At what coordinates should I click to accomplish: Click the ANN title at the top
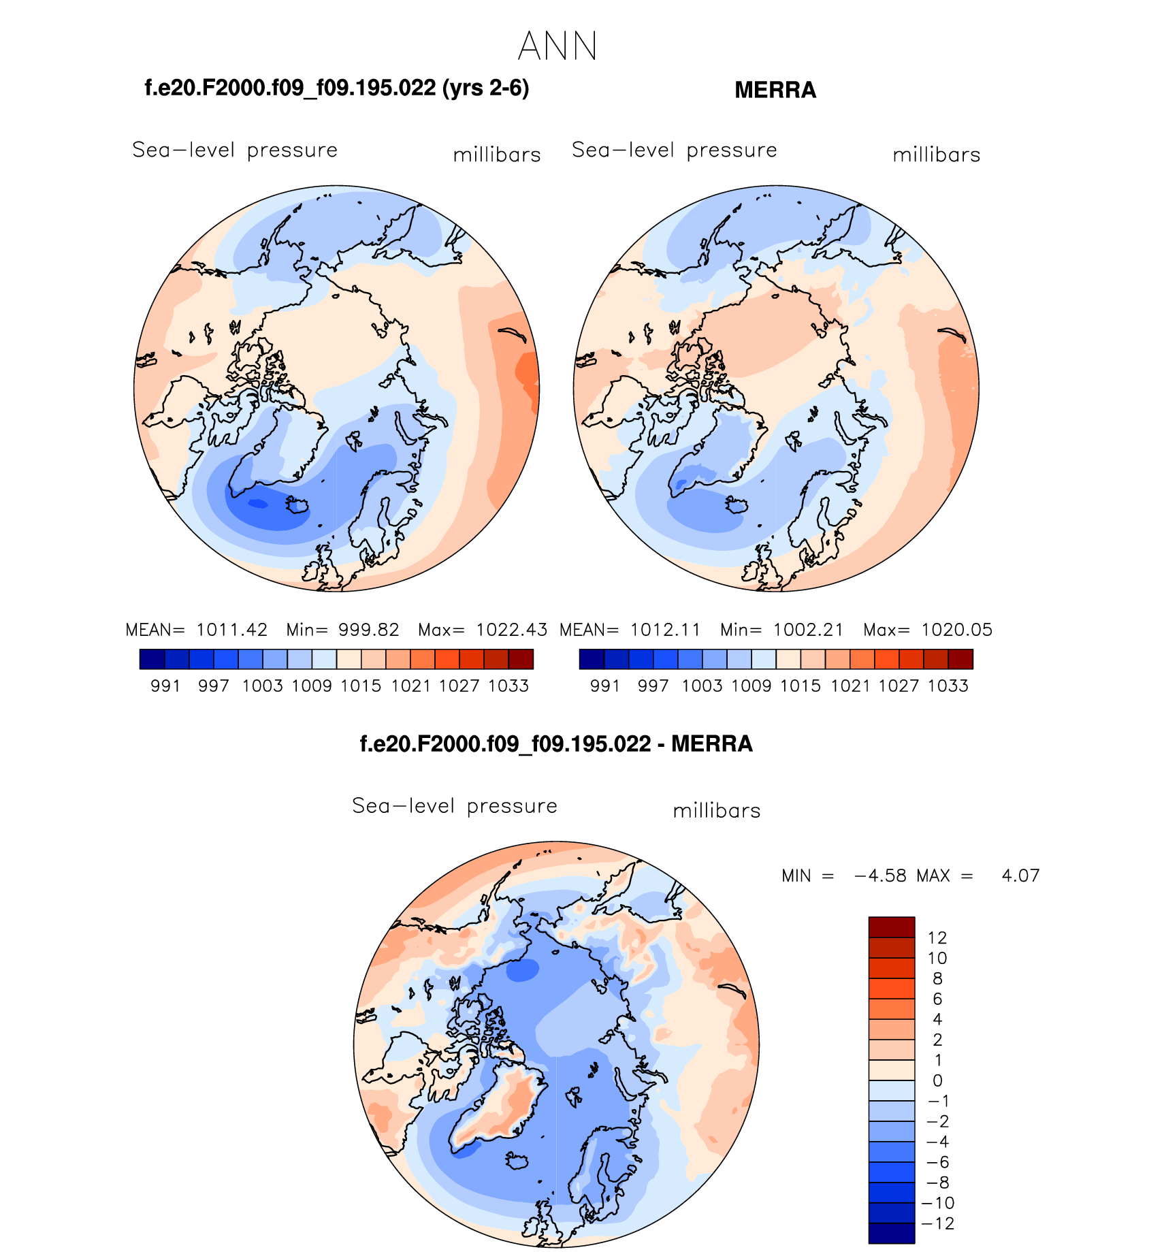click(x=557, y=47)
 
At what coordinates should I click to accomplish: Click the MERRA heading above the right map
click(x=775, y=91)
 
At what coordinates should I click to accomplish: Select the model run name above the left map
click(x=337, y=89)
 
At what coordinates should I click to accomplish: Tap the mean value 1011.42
click(x=232, y=630)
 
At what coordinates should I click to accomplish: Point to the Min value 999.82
click(x=369, y=630)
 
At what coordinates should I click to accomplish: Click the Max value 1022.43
click(x=511, y=630)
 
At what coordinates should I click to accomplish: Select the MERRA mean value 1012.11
click(x=666, y=630)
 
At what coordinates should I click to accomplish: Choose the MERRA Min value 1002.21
click(x=808, y=630)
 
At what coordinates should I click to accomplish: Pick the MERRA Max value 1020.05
click(x=956, y=630)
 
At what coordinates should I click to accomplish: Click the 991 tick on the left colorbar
click(x=165, y=686)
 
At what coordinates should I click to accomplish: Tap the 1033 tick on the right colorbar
click(x=948, y=686)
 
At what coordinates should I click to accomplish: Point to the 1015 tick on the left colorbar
click(x=361, y=686)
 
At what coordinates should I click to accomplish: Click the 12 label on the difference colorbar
click(x=937, y=937)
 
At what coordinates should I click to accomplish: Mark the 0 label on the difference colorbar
click(x=937, y=1080)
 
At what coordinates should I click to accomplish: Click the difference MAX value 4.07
click(x=1020, y=876)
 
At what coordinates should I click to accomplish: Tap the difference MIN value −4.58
click(x=880, y=876)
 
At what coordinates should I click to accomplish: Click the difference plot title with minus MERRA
click(x=556, y=744)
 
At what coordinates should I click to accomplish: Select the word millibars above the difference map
click(x=717, y=811)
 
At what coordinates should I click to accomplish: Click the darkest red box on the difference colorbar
click(x=891, y=927)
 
